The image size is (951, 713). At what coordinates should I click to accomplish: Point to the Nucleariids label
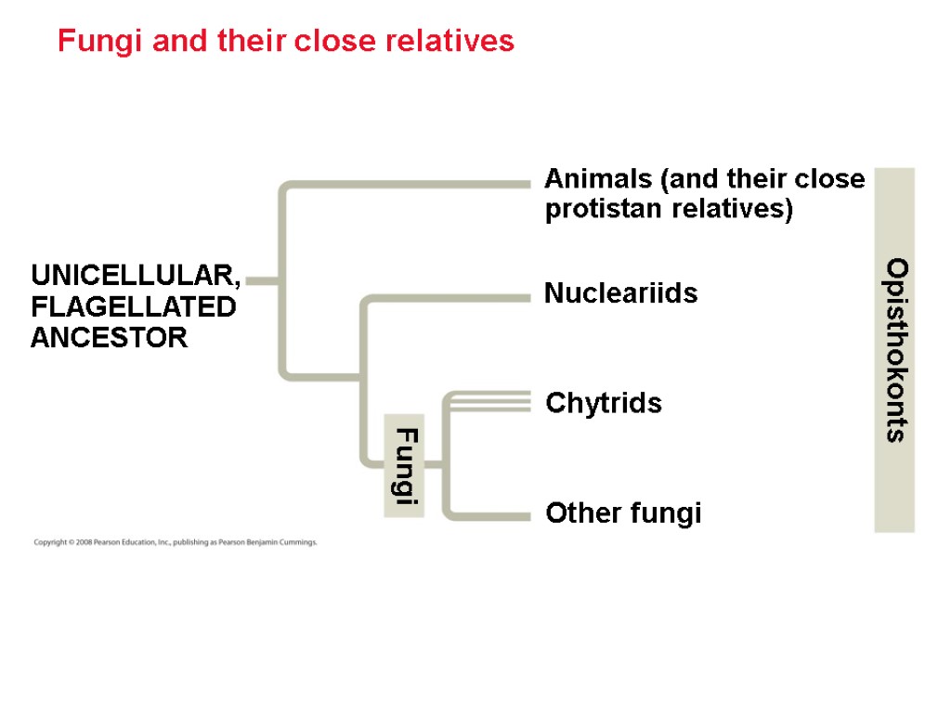pos(620,293)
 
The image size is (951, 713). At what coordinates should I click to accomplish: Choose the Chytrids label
pos(604,403)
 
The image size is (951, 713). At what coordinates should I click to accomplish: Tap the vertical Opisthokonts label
pos(894,350)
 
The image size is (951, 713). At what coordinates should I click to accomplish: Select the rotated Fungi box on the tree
pos(405,465)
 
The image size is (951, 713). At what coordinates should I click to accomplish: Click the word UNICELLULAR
pos(136,276)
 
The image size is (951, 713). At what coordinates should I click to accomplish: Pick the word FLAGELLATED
pos(133,306)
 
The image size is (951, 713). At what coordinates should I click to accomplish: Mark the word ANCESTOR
pos(109,337)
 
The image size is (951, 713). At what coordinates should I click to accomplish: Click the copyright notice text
pos(176,542)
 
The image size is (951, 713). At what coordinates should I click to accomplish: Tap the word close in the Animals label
pos(829,178)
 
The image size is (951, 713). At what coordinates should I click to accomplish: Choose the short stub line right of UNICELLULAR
pos(264,279)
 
